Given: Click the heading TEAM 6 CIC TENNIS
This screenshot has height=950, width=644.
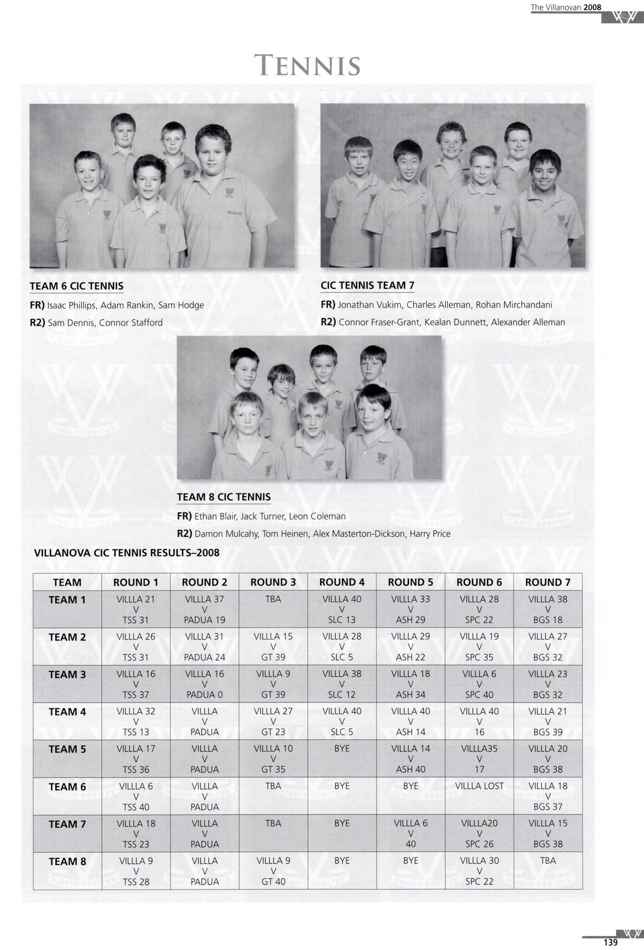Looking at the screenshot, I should (x=77, y=286).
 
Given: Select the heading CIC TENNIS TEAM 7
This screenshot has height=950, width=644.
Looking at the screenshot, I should (x=368, y=286).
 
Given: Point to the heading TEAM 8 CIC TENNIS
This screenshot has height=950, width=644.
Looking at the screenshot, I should (x=224, y=497).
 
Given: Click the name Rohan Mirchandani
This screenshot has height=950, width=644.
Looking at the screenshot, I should (x=514, y=305).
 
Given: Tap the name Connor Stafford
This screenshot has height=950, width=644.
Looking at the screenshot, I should (x=131, y=322).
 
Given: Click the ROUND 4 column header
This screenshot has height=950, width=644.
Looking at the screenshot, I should (x=342, y=582).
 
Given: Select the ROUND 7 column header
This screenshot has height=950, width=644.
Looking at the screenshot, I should (x=547, y=582).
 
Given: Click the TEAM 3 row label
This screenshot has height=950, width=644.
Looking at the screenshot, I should (x=67, y=675).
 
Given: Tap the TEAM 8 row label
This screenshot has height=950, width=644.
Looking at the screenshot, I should (x=67, y=862).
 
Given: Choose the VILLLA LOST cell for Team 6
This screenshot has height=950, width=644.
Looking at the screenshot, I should (x=479, y=786).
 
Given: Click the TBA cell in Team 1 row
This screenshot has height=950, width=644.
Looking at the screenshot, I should (x=273, y=599).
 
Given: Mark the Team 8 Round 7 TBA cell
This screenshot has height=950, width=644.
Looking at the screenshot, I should (x=548, y=860).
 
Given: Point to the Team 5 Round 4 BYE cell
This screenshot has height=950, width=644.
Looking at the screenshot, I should (x=342, y=749).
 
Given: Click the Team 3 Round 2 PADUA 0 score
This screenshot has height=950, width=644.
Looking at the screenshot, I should (x=205, y=695).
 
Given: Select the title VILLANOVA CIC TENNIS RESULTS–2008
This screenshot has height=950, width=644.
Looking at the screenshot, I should (x=127, y=553).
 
